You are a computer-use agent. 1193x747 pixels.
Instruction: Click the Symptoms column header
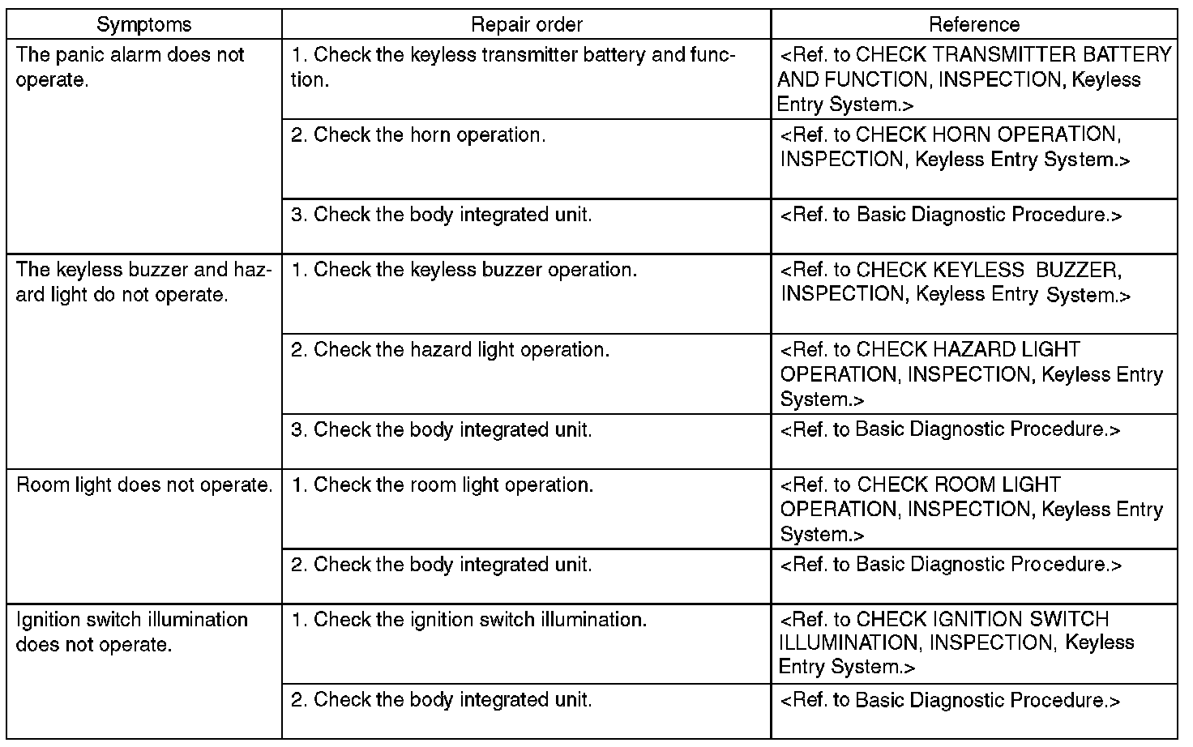coord(143,24)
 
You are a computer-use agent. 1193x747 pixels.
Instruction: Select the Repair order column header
coord(526,24)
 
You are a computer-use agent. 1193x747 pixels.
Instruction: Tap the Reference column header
coord(973,24)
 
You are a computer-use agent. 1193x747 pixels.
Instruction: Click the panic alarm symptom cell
coord(130,67)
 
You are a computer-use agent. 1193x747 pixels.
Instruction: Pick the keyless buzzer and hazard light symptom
coord(143,282)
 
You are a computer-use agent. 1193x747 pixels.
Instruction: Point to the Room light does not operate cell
coord(144,485)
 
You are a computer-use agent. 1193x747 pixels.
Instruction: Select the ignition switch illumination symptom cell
coord(132,632)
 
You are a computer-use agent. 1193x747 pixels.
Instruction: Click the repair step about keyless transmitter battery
coord(513,67)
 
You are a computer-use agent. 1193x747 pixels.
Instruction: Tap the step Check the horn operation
coord(418,134)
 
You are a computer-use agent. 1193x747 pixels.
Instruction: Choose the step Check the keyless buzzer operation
coord(464,270)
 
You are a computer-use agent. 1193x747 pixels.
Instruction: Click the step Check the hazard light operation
coord(451,350)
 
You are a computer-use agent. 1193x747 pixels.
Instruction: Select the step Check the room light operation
coord(443,485)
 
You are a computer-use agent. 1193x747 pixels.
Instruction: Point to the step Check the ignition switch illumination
coord(469,620)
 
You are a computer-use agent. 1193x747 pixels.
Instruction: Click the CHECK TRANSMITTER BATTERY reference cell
coord(973,79)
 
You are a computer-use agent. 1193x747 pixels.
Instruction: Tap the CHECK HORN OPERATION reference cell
coord(955,147)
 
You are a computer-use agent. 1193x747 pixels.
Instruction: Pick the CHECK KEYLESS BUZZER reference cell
coord(955,282)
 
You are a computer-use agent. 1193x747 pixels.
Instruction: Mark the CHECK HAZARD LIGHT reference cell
coord(971,373)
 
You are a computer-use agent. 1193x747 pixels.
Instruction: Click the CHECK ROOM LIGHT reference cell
coord(971,509)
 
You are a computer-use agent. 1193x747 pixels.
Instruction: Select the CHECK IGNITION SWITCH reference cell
coord(956,643)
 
